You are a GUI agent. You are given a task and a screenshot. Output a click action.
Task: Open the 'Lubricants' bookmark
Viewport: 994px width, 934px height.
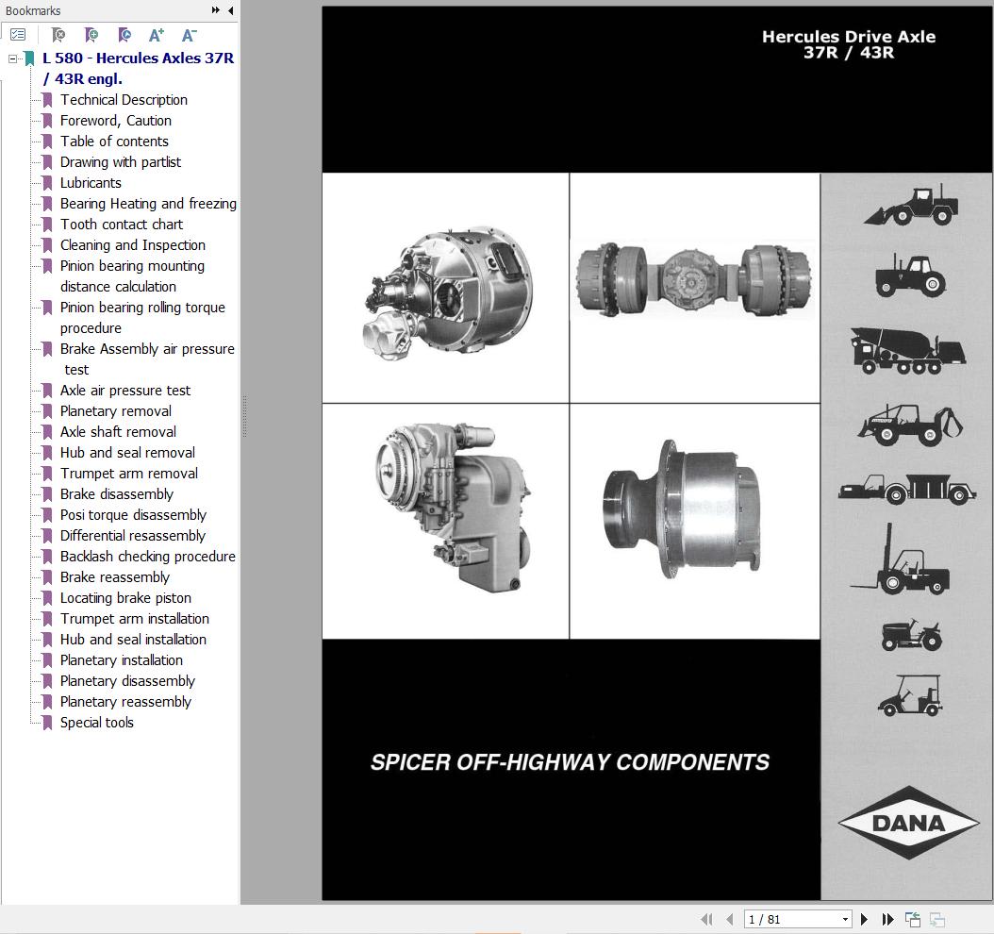[91, 183]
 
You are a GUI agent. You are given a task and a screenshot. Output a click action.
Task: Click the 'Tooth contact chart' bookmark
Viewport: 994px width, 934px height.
[122, 225]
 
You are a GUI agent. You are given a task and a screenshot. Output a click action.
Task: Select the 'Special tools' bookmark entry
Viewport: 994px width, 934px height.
[96, 723]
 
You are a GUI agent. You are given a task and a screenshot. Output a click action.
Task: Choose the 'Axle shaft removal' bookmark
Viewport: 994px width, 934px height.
[118, 432]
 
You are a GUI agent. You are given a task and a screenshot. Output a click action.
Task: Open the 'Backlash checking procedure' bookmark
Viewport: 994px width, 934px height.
[147, 557]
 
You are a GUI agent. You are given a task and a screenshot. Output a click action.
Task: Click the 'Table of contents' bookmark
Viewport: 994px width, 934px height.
[114, 142]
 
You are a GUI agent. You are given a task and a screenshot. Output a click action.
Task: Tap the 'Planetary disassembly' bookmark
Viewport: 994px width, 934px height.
[127, 681]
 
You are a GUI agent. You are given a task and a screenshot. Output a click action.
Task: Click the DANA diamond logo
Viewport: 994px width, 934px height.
[908, 823]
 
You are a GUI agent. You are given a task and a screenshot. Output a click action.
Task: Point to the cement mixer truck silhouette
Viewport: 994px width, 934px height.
[907, 350]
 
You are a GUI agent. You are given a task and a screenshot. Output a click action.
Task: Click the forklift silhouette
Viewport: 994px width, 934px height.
[901, 561]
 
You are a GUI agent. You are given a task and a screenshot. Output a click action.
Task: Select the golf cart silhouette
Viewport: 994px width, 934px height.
[909, 695]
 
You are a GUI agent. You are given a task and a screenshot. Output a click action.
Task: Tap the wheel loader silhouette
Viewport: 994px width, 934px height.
[911, 205]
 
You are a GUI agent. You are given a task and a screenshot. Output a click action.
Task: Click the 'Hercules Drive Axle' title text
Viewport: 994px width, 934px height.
[848, 38]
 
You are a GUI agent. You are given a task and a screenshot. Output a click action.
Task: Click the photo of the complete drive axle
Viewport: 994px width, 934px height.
[695, 279]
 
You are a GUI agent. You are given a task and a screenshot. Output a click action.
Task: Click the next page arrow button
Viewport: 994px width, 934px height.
[864, 919]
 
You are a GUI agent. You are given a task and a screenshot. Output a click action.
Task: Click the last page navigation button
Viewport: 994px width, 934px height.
[887, 919]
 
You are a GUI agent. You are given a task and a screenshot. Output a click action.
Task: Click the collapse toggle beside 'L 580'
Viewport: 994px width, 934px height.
[13, 58]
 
